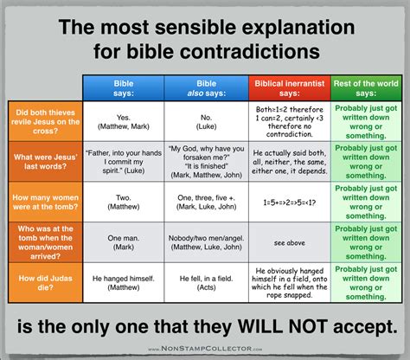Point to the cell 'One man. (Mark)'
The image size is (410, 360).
point(123,241)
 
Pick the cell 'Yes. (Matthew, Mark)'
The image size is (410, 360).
point(123,121)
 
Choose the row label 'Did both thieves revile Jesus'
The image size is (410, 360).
point(44,121)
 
